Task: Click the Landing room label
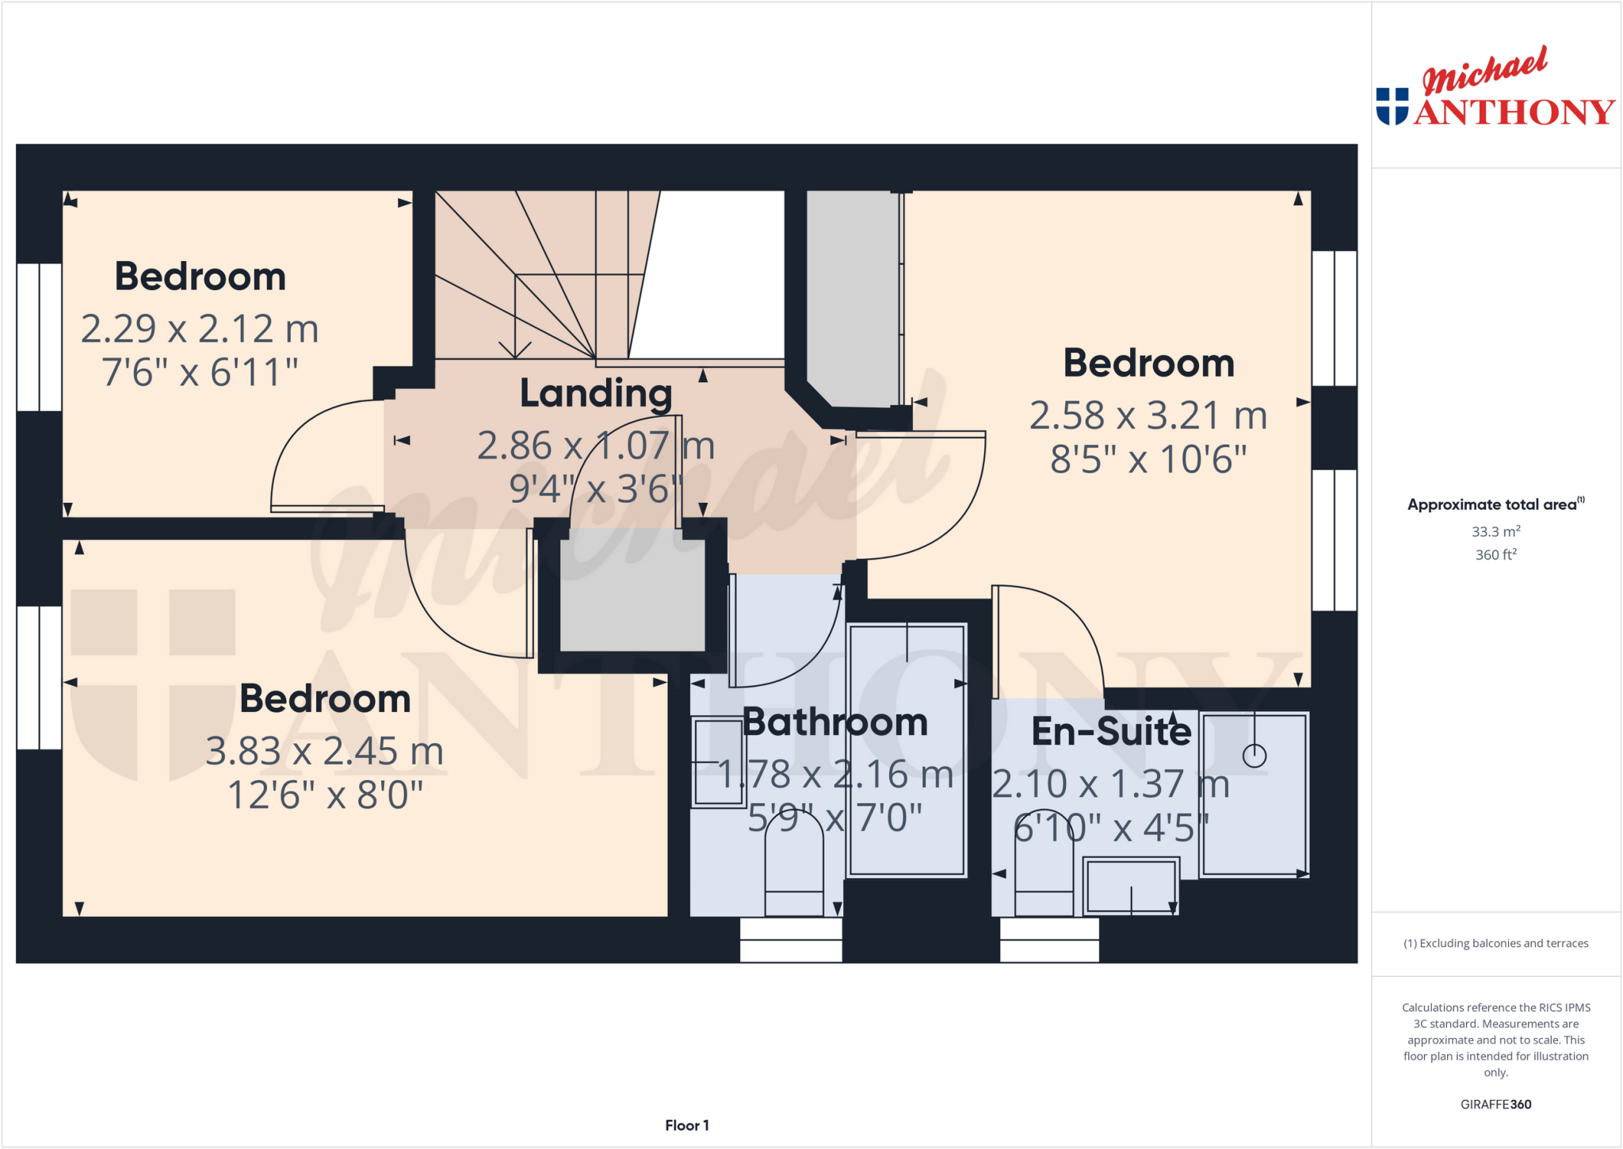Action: [596, 393]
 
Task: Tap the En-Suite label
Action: [1110, 731]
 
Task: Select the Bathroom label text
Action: [835, 722]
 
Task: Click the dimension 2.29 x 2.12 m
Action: [200, 329]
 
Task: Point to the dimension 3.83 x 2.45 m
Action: [324, 751]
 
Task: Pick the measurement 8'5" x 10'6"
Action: [1148, 459]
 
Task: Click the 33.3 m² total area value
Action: [1495, 531]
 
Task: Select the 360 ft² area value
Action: [1495, 554]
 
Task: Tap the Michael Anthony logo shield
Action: [1392, 106]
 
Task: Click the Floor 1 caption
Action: [686, 1125]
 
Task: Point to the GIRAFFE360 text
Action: [1495, 1104]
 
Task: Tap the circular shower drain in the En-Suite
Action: [1254, 756]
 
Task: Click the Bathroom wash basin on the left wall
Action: [718, 762]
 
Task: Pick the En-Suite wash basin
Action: [1131, 886]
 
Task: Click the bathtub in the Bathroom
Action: [907, 750]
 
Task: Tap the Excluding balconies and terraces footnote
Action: [1495, 943]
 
